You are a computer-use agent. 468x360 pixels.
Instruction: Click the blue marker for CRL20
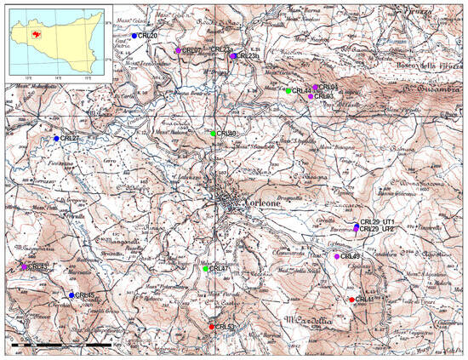tap(134, 36)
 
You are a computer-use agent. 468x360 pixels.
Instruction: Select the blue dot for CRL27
tap(57, 139)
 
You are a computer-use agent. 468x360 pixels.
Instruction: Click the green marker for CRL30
tap(214, 134)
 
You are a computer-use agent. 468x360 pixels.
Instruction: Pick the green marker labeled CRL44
tap(288, 90)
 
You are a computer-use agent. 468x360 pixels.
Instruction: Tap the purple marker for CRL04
tap(316, 87)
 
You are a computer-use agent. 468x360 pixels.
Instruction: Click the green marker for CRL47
tap(206, 269)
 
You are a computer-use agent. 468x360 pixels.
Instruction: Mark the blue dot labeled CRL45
tap(71, 295)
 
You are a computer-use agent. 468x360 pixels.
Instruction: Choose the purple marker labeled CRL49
tap(337, 256)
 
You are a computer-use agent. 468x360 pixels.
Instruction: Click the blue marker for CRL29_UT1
tap(357, 225)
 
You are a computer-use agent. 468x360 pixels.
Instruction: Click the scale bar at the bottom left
tap(60, 344)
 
